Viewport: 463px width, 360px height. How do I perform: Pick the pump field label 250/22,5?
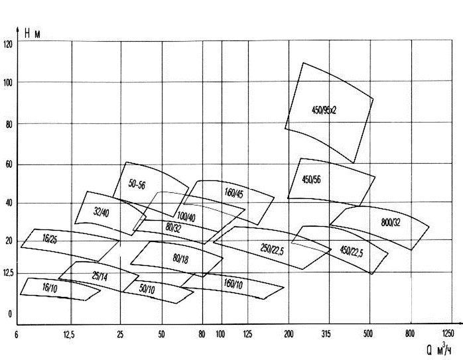[x=272, y=249]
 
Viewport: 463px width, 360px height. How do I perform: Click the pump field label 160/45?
[x=233, y=194]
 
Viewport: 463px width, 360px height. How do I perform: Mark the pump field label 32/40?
[x=101, y=212]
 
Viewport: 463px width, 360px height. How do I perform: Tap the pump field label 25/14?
[x=99, y=276]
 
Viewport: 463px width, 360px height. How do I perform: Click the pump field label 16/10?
[x=49, y=289]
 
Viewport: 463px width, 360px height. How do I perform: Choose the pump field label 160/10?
[x=233, y=284]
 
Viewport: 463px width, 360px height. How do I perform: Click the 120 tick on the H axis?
[x=8, y=44]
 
